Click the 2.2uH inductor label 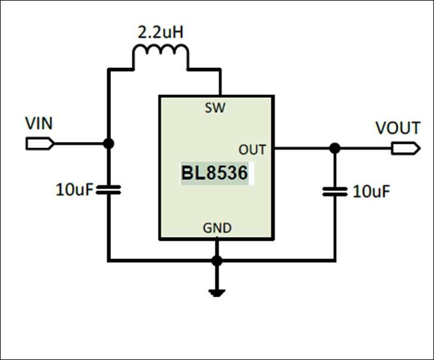click(x=161, y=32)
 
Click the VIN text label click(x=39, y=124)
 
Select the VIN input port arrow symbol click(x=40, y=144)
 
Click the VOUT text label click(x=398, y=128)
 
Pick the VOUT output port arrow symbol click(x=406, y=148)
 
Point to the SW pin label click(x=215, y=107)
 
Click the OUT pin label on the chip click(x=252, y=149)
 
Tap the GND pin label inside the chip click(x=217, y=228)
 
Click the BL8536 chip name click(x=214, y=173)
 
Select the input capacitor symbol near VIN click(x=109, y=190)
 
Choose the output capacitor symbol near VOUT click(x=335, y=192)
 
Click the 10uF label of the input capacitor click(x=74, y=190)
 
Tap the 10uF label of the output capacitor click(x=371, y=192)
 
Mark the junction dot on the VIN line click(x=109, y=144)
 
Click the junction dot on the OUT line click(x=335, y=148)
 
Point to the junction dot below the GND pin click(x=217, y=261)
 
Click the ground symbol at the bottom click(x=217, y=293)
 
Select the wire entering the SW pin click(x=220, y=82)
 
